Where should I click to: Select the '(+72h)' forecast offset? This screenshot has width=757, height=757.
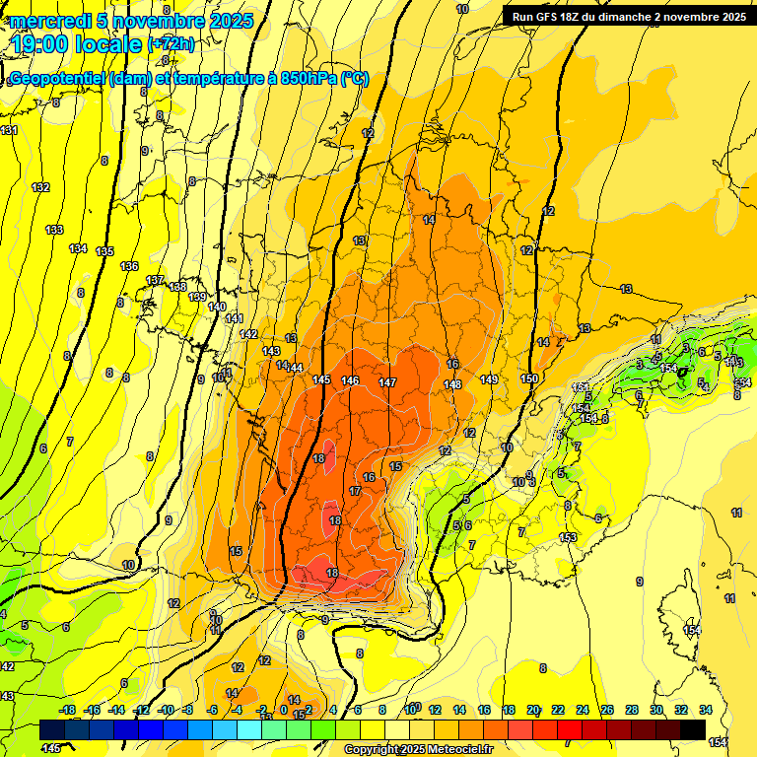172,44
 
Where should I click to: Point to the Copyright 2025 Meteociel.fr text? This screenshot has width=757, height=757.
418,749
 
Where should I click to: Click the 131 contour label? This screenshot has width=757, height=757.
9,130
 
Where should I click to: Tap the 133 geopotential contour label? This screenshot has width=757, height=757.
55,230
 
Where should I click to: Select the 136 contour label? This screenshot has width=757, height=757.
129,266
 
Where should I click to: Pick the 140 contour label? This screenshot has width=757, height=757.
218,307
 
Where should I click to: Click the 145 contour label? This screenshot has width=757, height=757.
321,379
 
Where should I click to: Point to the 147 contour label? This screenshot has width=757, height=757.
387,381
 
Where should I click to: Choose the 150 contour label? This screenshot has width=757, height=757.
529,378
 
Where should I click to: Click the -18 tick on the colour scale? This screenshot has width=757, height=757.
68,710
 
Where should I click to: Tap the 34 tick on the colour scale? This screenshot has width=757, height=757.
706,710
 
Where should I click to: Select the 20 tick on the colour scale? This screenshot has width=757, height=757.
533,710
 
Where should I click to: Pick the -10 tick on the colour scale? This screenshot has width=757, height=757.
166,710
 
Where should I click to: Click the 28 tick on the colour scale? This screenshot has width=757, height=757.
632,710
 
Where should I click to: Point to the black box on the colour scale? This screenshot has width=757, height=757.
693,729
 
